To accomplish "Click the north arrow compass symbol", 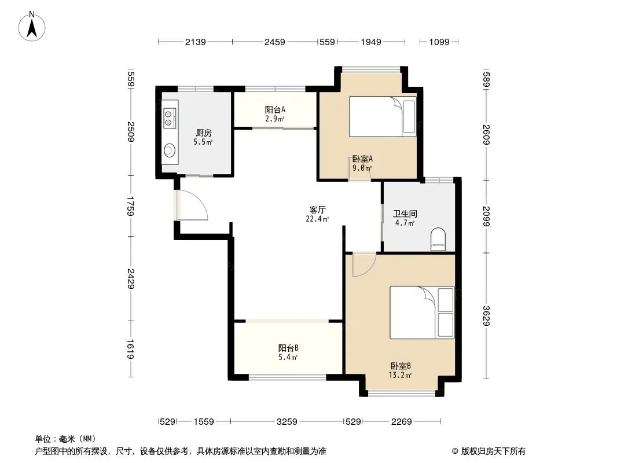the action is pos(32,27).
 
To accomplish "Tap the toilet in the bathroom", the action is pos(438,239).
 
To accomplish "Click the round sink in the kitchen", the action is pos(170,150).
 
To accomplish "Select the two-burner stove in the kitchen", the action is pos(170,119).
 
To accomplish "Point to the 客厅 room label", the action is pos(317,210).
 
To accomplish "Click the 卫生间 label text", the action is pos(405,214).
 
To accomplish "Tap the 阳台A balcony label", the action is pos(275,110).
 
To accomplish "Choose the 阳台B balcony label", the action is pos(288,348).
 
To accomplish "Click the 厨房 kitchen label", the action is pos(203,133).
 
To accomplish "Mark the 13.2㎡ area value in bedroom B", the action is pos(400,375).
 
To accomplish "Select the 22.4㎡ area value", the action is pos(317,219).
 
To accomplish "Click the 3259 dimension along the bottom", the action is pos(287,422).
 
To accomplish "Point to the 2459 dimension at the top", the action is pos(275,42).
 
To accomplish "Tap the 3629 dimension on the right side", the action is pos(486,316).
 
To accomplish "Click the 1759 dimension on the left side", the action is pos(131,206).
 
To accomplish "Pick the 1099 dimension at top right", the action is pos(439,42).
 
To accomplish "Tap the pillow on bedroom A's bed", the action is pos(409,117).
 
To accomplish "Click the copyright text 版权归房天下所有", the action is pos(493,451).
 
